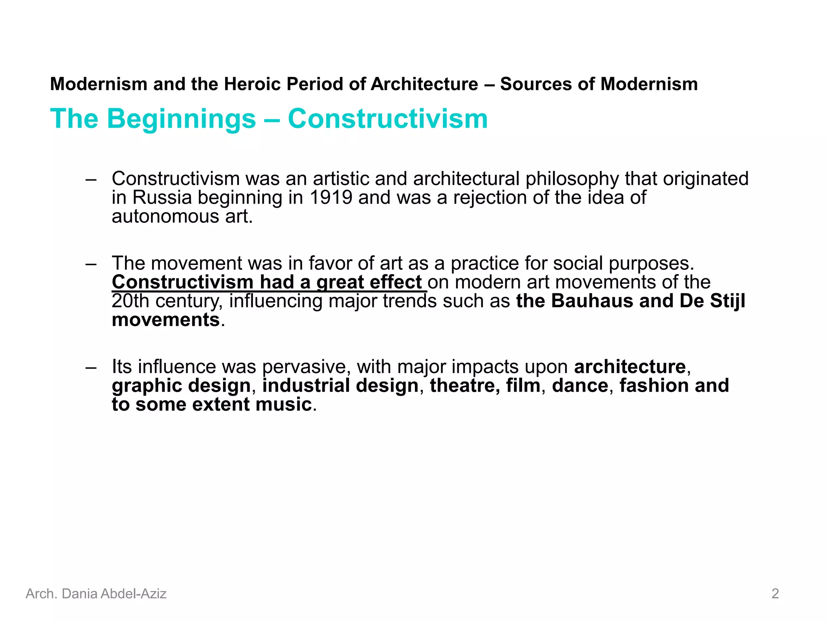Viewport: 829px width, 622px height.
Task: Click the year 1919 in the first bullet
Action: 330,198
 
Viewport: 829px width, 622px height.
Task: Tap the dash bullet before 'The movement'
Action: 91,264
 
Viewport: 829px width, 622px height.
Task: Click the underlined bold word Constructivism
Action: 183,282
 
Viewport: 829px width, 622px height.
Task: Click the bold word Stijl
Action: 726,301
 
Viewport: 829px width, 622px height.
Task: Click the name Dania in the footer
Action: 79,594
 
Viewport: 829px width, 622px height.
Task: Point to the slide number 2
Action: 775,594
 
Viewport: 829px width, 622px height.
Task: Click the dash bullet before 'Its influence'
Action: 91,367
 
